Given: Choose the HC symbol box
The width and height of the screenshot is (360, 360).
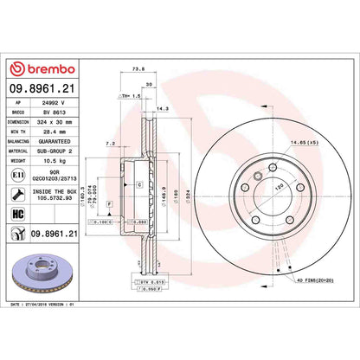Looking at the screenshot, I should click(18, 212).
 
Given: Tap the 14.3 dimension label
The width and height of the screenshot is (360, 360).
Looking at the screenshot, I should click(161, 109).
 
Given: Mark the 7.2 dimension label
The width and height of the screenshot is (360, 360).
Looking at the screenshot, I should click(110, 140).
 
